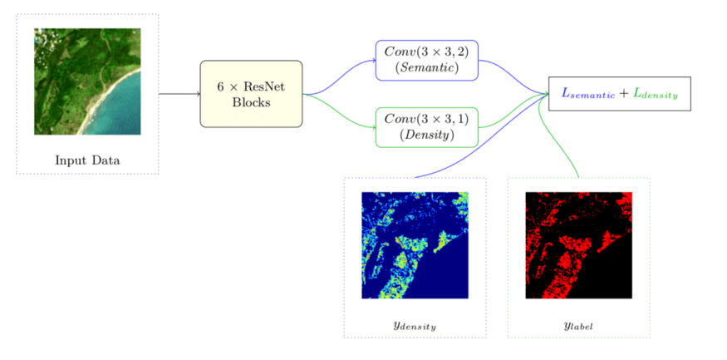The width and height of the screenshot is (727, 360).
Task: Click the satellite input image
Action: pyautogui.click(x=87, y=81)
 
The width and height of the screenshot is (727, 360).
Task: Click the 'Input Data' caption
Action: pyautogui.click(x=87, y=160)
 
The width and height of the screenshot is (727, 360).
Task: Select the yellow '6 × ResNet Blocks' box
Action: pyautogui.click(x=251, y=93)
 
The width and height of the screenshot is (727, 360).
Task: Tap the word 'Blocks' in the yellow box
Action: pyautogui.click(x=251, y=102)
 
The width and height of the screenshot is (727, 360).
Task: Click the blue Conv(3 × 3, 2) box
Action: pyautogui.click(x=426, y=61)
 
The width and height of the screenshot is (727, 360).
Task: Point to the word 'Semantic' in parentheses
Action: pyautogui.click(x=426, y=68)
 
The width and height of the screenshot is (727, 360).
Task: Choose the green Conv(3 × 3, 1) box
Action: pyautogui.click(x=426, y=127)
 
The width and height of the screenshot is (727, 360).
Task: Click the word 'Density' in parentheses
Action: pyautogui.click(x=426, y=135)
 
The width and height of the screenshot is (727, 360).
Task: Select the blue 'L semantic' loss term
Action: pyautogui.click(x=588, y=94)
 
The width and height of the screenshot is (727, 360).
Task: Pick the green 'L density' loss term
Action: pyautogui.click(x=656, y=94)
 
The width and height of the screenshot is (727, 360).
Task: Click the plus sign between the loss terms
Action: pyautogui.click(x=624, y=94)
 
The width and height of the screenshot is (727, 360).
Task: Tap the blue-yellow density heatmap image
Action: pyautogui.click(x=415, y=245)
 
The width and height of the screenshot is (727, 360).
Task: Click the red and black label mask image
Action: pyautogui.click(x=578, y=245)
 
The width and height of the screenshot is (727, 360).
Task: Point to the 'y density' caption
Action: pyautogui.click(x=415, y=325)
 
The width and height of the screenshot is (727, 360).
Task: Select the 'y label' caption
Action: pyautogui.click(x=578, y=325)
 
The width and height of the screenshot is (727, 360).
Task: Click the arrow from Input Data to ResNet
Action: pyautogui.click(x=179, y=94)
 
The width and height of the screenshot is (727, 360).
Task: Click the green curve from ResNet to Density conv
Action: pyautogui.click(x=339, y=110)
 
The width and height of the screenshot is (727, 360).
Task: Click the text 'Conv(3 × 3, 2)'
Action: pyautogui.click(x=426, y=52)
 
